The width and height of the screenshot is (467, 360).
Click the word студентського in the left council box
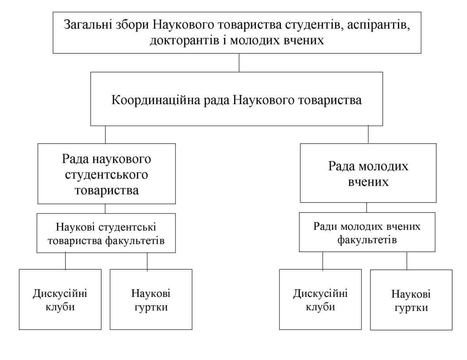pyautogui.click(x=106, y=175)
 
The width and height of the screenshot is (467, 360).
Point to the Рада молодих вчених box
pyautogui.click(x=368, y=173)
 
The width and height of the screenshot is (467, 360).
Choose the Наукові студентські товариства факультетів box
pyautogui.click(x=106, y=233)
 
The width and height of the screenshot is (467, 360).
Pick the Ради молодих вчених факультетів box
pyautogui.click(x=367, y=232)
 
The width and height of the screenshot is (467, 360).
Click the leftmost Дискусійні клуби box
pyautogui.click(x=60, y=299)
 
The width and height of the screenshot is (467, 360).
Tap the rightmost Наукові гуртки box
pyautogui.click(x=411, y=300)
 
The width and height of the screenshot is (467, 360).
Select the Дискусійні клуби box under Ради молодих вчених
pyautogui.click(x=320, y=299)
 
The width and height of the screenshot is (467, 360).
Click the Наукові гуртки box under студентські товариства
pyautogui.click(x=151, y=299)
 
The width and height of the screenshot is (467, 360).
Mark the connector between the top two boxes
pyautogui.click(x=239, y=63)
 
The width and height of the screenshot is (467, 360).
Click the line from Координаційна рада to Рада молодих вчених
pyautogui.click(x=368, y=134)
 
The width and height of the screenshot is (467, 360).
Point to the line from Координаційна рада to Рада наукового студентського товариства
pyautogui.click(x=105, y=134)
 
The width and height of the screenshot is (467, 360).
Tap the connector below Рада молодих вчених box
pyautogui.click(x=367, y=207)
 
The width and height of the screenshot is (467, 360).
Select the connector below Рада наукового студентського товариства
pyautogui.click(x=105, y=209)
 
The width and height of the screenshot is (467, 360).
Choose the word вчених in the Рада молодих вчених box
pyautogui.click(x=368, y=182)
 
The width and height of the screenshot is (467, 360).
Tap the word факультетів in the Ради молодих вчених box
pyautogui.click(x=367, y=240)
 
